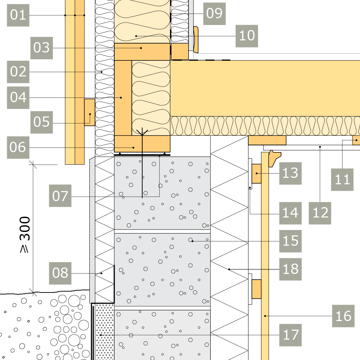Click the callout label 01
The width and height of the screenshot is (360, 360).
coord(18,15)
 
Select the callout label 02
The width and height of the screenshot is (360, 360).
coord(18,72)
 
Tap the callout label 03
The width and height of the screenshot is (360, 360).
coord(41,48)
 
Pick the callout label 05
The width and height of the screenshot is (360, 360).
coord(41,122)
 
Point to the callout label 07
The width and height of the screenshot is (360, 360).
coord(60,196)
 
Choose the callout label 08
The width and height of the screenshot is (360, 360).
coord(60,273)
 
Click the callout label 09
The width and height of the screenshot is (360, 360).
coord(214,14)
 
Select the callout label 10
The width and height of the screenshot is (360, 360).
coord(247,36)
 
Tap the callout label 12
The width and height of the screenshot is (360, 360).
coord(320,213)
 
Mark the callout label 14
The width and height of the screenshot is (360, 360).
coord(290,213)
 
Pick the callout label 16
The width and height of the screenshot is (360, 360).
coord(344,316)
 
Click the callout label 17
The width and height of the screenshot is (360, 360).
coord(290,335)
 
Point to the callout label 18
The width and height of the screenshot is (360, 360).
coord(290,269)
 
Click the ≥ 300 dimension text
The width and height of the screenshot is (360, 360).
coord(25,235)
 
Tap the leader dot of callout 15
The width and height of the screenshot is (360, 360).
coord(192,241)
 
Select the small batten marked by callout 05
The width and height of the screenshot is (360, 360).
coord(90,112)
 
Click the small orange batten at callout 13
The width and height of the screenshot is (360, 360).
coord(256,174)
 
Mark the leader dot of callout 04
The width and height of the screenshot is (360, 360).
coord(121,97)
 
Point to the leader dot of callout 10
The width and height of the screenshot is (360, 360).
coord(136,36)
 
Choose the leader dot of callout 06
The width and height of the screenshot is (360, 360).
coord(134,147)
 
